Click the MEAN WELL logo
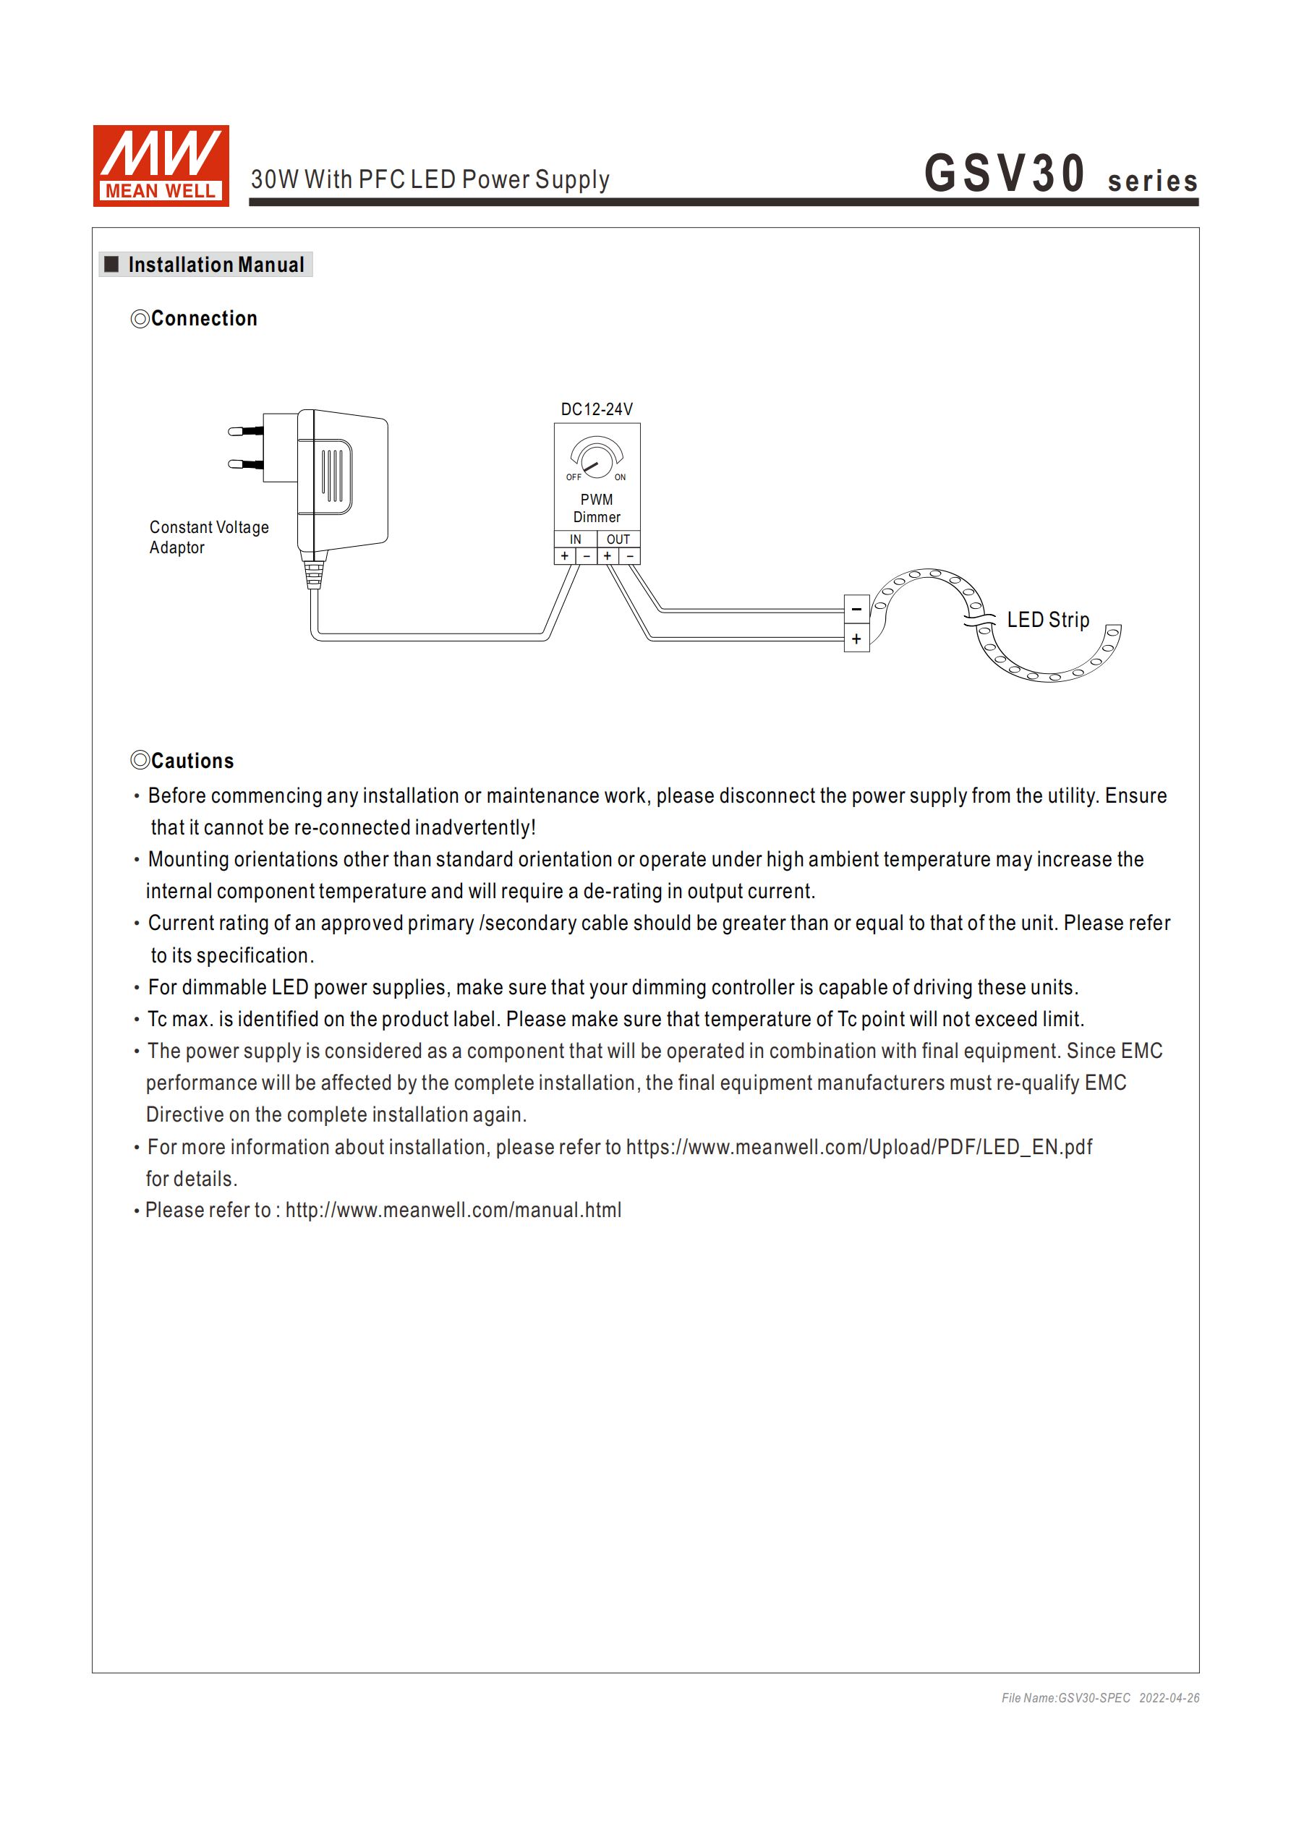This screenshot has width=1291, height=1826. [161, 166]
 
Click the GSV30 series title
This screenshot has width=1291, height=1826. [1060, 174]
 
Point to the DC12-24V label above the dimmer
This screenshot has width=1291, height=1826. [597, 409]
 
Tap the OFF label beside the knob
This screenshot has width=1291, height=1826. [574, 477]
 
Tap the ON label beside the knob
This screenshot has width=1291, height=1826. [620, 477]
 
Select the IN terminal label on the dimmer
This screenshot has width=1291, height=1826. [575, 539]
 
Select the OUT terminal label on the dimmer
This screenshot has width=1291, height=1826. [618, 539]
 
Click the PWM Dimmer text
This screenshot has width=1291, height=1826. [597, 508]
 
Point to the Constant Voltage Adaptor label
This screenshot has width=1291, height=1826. [208, 537]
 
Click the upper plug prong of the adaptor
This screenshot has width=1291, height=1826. [245, 431]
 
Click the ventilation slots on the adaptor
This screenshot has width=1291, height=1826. [333, 476]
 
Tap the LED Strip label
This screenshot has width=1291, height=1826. [1047, 620]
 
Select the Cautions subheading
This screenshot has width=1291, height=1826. [192, 761]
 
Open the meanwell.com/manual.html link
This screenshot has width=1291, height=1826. [453, 1210]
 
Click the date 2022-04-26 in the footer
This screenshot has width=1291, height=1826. [1169, 1698]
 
